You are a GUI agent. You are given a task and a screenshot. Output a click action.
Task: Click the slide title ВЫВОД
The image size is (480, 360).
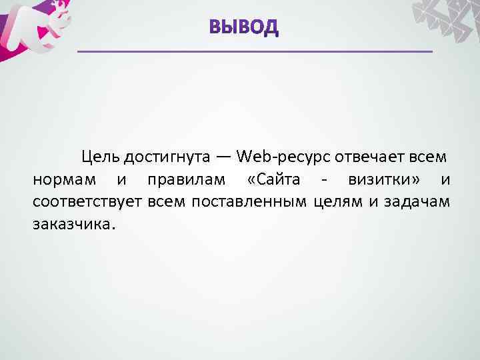coord(243,27)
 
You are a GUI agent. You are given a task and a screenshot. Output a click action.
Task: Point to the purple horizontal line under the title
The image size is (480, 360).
coord(255,51)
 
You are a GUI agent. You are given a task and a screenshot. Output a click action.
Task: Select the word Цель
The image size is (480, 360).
coord(101,157)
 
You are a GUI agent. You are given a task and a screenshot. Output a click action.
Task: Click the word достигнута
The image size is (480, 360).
coord(167,157)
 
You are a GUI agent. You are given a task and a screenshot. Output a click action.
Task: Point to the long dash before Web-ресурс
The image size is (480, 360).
coord(223,158)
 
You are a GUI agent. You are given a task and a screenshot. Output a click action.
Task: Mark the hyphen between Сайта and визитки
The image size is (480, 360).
coord(323,181)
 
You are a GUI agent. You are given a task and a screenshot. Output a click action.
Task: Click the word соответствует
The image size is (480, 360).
coord(87,201)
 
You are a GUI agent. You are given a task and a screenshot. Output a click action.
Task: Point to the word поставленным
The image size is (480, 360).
coord(249,201)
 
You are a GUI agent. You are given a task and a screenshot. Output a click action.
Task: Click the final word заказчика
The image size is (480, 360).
coord(73,223)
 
